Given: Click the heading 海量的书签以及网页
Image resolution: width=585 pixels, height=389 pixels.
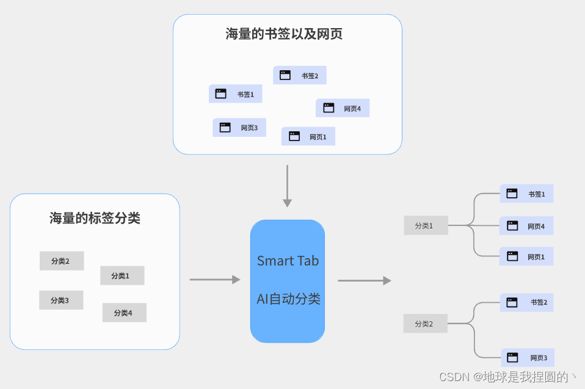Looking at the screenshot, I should pos(284,34).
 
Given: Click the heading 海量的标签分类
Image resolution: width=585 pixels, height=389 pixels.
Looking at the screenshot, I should pos(95,218).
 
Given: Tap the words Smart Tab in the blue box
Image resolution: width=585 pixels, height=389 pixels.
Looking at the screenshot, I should pos(288,261).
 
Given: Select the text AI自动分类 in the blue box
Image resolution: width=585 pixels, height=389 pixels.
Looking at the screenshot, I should pos(288,299).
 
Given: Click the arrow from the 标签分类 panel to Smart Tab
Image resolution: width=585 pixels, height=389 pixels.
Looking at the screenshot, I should pos(215,280).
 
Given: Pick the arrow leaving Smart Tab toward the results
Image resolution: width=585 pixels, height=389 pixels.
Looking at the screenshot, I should pos(364,280).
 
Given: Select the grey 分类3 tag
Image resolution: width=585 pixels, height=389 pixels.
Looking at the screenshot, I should pos(61,300).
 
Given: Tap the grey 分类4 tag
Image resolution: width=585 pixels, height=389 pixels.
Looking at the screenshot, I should pos(124,313).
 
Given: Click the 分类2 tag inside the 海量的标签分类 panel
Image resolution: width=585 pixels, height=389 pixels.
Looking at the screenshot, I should pos(62,261).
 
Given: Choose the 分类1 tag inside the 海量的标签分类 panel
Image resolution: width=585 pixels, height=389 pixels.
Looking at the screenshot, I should pos(122,275).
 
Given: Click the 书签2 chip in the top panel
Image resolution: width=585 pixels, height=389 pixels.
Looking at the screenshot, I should pos(299,75).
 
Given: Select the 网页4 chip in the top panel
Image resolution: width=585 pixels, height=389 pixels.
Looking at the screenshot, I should pos(342,108).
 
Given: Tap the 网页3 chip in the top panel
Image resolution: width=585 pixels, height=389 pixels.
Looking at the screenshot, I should pos(239,128).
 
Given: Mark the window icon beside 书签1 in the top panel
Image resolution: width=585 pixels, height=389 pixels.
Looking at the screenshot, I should pos(221,93).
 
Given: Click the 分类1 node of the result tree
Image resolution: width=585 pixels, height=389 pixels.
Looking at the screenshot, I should pos(425,225).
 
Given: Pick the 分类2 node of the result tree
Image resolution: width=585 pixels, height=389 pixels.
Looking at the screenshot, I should pos(425,324).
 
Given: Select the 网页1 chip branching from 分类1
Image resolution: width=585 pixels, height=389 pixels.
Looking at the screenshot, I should pos(526,256).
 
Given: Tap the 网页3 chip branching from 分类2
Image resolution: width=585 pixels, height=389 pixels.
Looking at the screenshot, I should pos(528,357).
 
